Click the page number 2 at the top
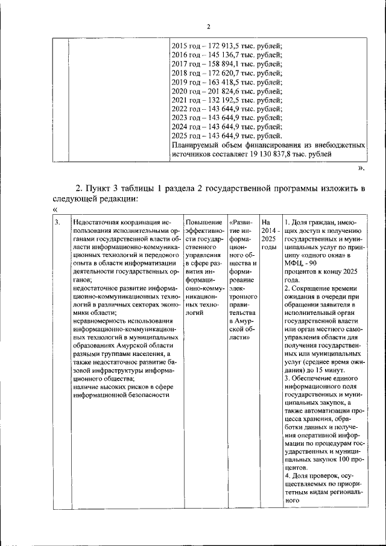click(x=208, y=27)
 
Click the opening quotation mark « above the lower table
click(x=55, y=209)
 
